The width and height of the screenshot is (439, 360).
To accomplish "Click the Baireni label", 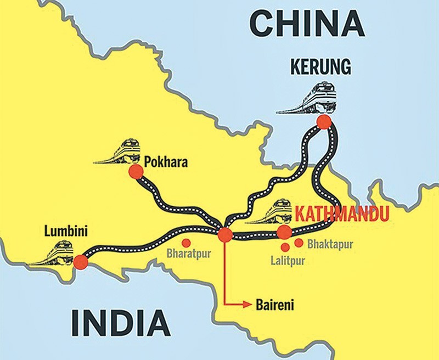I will tap(271, 302).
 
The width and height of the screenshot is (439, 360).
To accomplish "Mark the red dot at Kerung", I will tap(324, 122).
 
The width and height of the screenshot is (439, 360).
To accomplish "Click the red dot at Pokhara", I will tap(136, 173).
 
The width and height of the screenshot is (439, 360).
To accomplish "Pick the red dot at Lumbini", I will tap(81, 262).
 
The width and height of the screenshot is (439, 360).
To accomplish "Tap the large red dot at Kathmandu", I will tap(284, 232).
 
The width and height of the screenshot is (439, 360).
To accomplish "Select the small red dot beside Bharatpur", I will tap(186, 243).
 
